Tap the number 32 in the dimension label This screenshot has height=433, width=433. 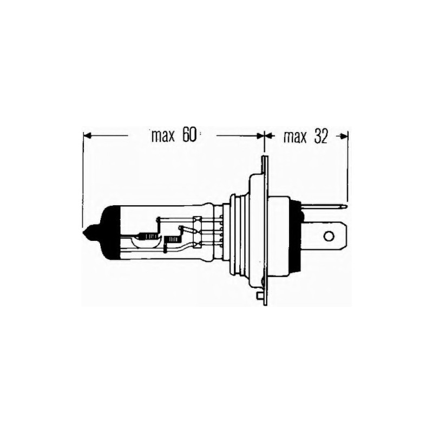(x=320, y=137)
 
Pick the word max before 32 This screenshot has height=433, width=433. (x=296, y=137)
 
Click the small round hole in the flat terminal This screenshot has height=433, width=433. (x=328, y=236)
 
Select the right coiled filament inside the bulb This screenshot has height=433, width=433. (x=173, y=238)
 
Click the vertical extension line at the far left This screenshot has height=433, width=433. (x=83, y=179)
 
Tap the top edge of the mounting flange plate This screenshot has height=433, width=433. (x=264, y=158)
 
